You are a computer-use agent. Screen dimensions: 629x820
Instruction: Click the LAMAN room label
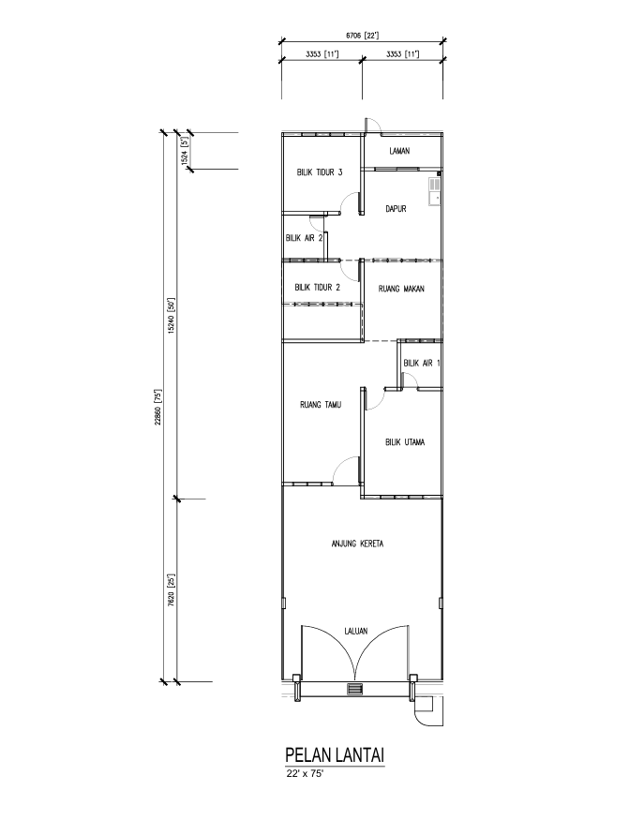pyautogui.click(x=399, y=151)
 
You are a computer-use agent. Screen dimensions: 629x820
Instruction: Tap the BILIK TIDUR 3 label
pyautogui.click(x=320, y=172)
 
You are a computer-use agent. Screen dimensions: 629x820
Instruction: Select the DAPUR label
pyautogui.click(x=396, y=209)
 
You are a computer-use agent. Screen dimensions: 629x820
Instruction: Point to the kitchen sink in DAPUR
pyautogui.click(x=435, y=191)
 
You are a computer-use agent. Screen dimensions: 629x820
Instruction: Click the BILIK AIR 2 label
pyautogui.click(x=304, y=237)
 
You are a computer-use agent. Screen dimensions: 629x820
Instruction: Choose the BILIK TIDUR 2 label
pyautogui.click(x=318, y=287)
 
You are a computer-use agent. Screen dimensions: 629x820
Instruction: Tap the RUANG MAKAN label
pyautogui.click(x=401, y=288)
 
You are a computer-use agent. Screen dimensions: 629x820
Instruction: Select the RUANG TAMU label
pyautogui.click(x=321, y=404)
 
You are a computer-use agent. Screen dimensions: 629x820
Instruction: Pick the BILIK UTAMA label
pyautogui.click(x=405, y=442)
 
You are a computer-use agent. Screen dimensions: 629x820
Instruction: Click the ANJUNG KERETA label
pyautogui.click(x=357, y=544)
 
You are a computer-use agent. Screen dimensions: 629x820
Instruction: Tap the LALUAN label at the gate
pyautogui.click(x=356, y=631)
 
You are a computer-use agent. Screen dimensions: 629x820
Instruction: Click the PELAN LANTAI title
pyautogui.click(x=335, y=755)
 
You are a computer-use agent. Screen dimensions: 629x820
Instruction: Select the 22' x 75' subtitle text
pyautogui.click(x=302, y=774)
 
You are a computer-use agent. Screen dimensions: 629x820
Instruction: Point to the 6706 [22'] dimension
pyautogui.click(x=362, y=36)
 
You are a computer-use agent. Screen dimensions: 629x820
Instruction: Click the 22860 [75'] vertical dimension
pyautogui.click(x=157, y=407)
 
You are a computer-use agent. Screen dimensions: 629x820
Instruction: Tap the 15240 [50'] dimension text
pyautogui.click(x=170, y=315)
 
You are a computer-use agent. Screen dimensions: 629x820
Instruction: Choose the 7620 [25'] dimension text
pyautogui.click(x=170, y=590)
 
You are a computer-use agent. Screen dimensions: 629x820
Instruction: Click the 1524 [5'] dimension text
pyautogui.click(x=184, y=151)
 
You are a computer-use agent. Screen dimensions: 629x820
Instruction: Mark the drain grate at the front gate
pyautogui.click(x=354, y=689)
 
